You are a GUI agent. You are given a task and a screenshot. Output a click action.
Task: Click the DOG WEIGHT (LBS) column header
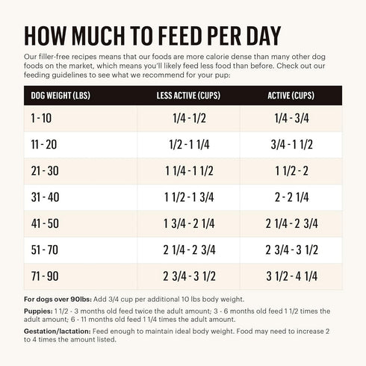coord(59,95)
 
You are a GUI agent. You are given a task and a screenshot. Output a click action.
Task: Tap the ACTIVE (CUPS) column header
coord(292,95)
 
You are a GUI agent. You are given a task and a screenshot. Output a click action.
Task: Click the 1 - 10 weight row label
coord(42,119)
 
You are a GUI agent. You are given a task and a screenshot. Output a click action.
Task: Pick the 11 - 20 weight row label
coord(43,144)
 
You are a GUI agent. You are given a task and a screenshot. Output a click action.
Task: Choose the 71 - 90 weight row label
coord(44,275)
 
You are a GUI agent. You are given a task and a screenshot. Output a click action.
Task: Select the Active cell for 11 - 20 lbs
coord(292,145)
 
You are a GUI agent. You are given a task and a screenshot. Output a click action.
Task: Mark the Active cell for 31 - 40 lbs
coord(292,196)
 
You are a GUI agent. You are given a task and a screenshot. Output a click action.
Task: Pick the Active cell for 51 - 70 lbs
coord(292,249)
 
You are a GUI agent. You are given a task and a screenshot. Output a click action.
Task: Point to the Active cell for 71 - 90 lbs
coord(292,275)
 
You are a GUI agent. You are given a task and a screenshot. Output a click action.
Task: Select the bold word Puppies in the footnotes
coord(40,309)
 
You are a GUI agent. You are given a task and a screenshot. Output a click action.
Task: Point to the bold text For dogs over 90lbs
coord(62,299)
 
